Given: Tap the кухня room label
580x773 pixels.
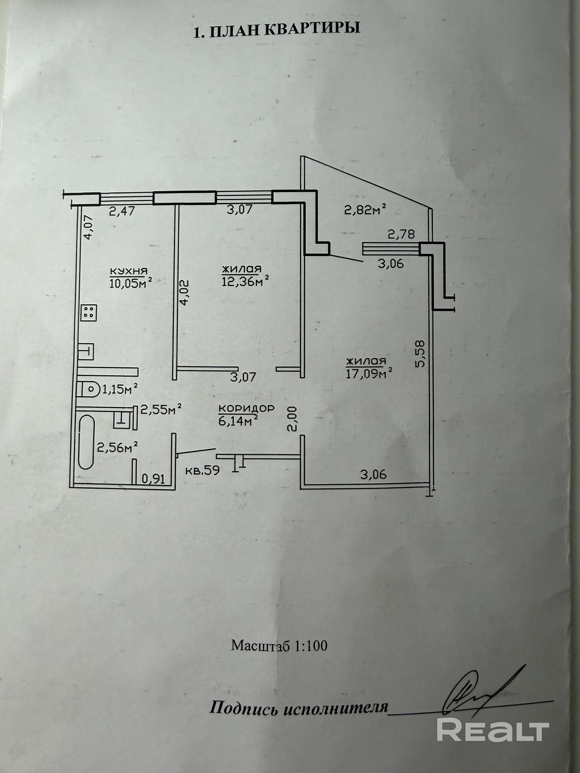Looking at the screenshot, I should (x=129, y=271).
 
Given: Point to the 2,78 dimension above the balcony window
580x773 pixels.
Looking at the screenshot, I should (x=401, y=234).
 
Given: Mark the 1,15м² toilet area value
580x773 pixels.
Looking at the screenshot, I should (x=119, y=388).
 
